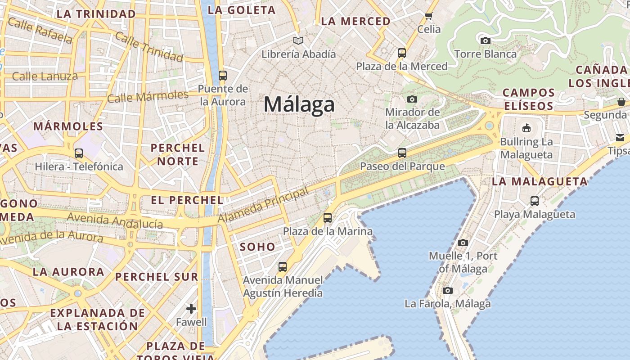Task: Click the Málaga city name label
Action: (x=299, y=104)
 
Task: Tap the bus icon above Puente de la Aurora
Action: (x=222, y=75)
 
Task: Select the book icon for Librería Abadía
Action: (x=298, y=41)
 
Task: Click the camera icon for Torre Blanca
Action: (x=485, y=41)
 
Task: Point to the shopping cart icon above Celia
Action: (x=428, y=16)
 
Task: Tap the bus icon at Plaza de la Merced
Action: (x=402, y=53)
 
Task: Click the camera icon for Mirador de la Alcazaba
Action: (x=412, y=99)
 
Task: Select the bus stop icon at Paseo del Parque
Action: (x=402, y=153)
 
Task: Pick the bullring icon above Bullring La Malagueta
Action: (x=526, y=128)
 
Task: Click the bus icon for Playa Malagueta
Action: (x=535, y=201)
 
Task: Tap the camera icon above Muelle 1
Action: (x=463, y=243)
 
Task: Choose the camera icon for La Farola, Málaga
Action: (x=447, y=291)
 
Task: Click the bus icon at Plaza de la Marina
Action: (x=328, y=218)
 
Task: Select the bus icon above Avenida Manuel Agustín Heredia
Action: (x=283, y=266)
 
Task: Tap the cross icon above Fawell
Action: (x=191, y=309)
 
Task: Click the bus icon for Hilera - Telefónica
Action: (x=79, y=153)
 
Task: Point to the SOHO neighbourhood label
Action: (x=257, y=247)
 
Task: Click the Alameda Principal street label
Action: (x=263, y=205)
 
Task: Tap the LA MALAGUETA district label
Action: (x=540, y=182)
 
